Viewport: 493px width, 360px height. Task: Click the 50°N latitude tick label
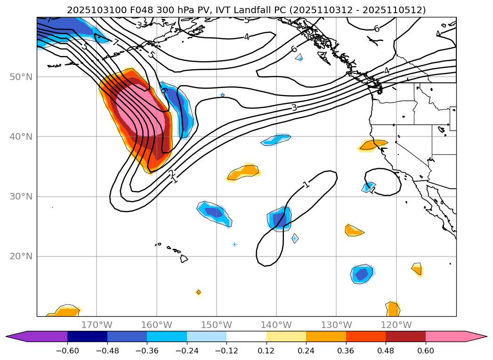[21, 77]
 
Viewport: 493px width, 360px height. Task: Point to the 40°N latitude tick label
[21, 137]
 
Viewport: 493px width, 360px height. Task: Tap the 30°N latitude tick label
[21, 197]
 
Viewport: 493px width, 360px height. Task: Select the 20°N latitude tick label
[21, 256]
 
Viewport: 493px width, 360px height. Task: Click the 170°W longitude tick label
[97, 325]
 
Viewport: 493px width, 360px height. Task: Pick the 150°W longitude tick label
[216, 325]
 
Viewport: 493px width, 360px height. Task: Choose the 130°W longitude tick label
[336, 325]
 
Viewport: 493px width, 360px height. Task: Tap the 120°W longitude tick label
[396, 325]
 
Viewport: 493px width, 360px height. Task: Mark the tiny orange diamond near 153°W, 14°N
[198, 292]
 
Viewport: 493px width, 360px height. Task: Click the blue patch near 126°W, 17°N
[362, 273]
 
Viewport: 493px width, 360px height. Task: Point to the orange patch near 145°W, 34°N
[244, 173]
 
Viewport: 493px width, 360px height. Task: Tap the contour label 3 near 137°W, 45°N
[294, 108]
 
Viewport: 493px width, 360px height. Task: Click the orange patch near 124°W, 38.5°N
[372, 144]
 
